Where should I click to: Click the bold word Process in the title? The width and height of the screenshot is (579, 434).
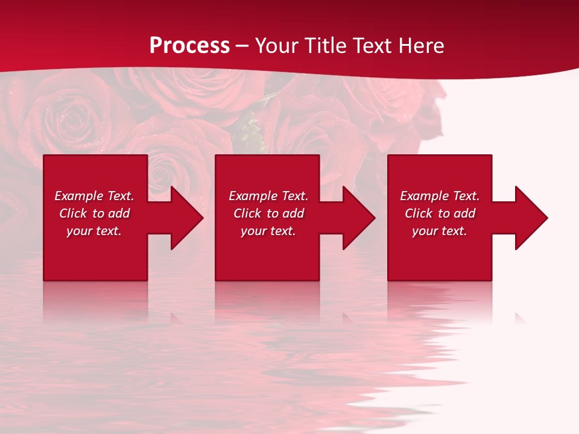click(189, 46)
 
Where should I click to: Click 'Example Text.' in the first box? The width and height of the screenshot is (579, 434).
click(94, 196)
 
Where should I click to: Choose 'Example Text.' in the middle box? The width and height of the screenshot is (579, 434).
click(268, 196)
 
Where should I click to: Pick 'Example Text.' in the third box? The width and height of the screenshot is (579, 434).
click(440, 196)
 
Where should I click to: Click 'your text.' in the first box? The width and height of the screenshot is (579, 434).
click(94, 231)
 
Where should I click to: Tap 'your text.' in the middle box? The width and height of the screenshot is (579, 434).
click(268, 231)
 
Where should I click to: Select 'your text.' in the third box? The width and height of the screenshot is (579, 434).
click(440, 231)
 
